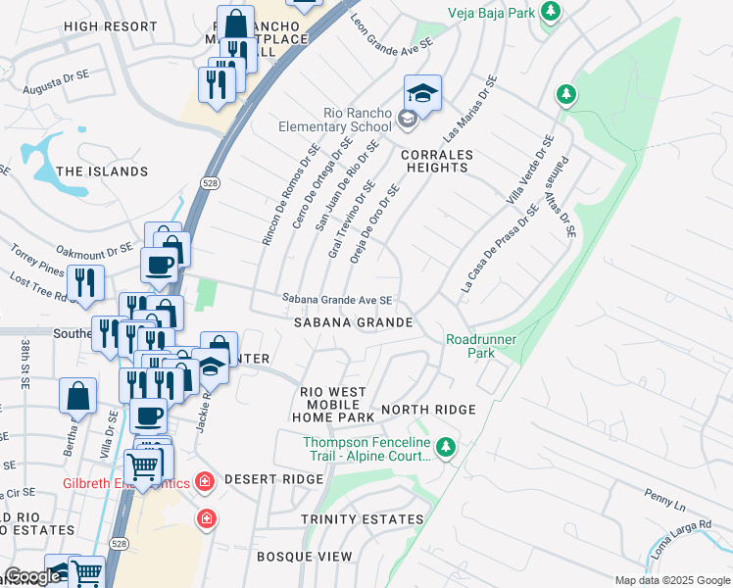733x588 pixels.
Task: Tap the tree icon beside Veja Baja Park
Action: pos(552,11)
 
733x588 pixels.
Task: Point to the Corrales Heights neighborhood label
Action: pos(436,161)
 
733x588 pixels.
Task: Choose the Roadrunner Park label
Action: pos(481,345)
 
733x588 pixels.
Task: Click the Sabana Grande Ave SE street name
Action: pos(337,300)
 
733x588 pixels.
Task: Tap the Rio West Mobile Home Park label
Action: pos(333,404)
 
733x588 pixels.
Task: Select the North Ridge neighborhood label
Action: pos(428,410)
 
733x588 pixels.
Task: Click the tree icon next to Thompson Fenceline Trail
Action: pos(447,448)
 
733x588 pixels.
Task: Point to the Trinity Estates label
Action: pos(363,519)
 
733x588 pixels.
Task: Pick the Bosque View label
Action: pos(304,557)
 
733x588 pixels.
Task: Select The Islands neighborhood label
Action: pos(102,171)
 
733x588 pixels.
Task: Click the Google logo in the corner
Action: pos(33,576)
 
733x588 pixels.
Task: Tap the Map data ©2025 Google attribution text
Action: pos(671,580)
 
